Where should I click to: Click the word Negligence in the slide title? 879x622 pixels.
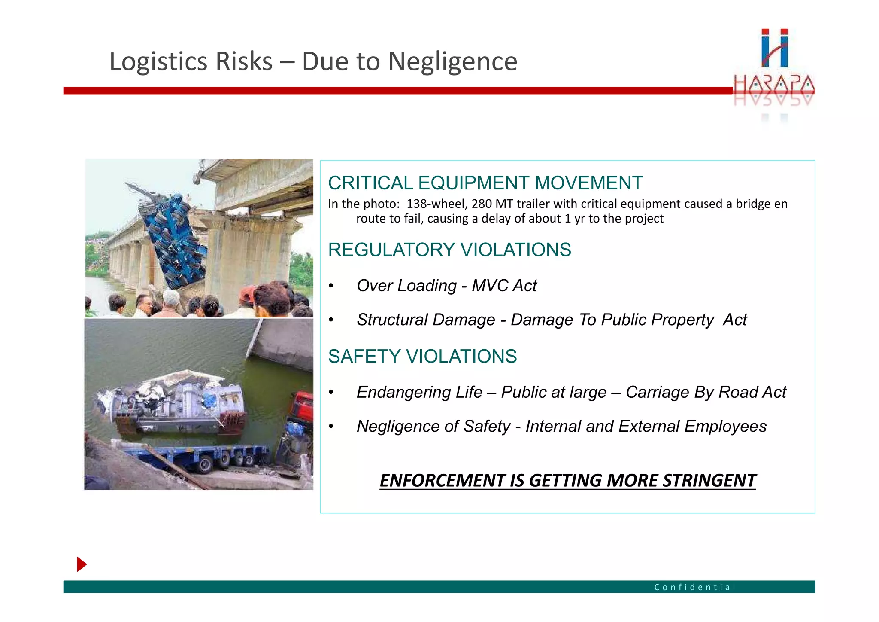pyautogui.click(x=452, y=61)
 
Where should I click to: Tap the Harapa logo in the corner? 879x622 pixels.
pyautogui.click(x=774, y=69)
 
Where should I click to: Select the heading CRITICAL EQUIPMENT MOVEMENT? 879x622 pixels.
pyautogui.click(x=485, y=183)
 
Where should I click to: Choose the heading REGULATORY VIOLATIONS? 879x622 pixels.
pyautogui.click(x=449, y=250)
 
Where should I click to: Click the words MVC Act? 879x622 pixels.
pyautogui.click(x=504, y=286)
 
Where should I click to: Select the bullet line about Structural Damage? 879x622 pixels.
pyautogui.click(x=552, y=320)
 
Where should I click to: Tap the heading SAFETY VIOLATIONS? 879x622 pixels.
pyautogui.click(x=422, y=356)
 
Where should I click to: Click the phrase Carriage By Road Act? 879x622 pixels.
pyautogui.click(x=706, y=392)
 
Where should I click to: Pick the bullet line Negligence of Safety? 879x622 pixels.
pyautogui.click(x=561, y=427)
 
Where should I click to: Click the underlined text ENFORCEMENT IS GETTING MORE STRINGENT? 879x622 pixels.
pyautogui.click(x=567, y=480)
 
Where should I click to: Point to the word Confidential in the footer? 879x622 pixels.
pyautogui.click(x=694, y=587)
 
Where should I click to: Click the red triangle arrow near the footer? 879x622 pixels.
pyautogui.click(x=82, y=564)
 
